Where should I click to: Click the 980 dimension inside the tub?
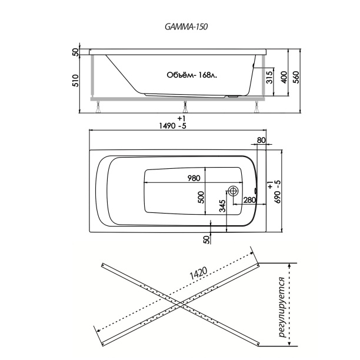194,178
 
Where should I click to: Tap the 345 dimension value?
222,206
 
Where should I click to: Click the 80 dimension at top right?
261,141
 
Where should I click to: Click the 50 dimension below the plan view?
206,239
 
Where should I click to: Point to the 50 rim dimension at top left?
75,52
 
